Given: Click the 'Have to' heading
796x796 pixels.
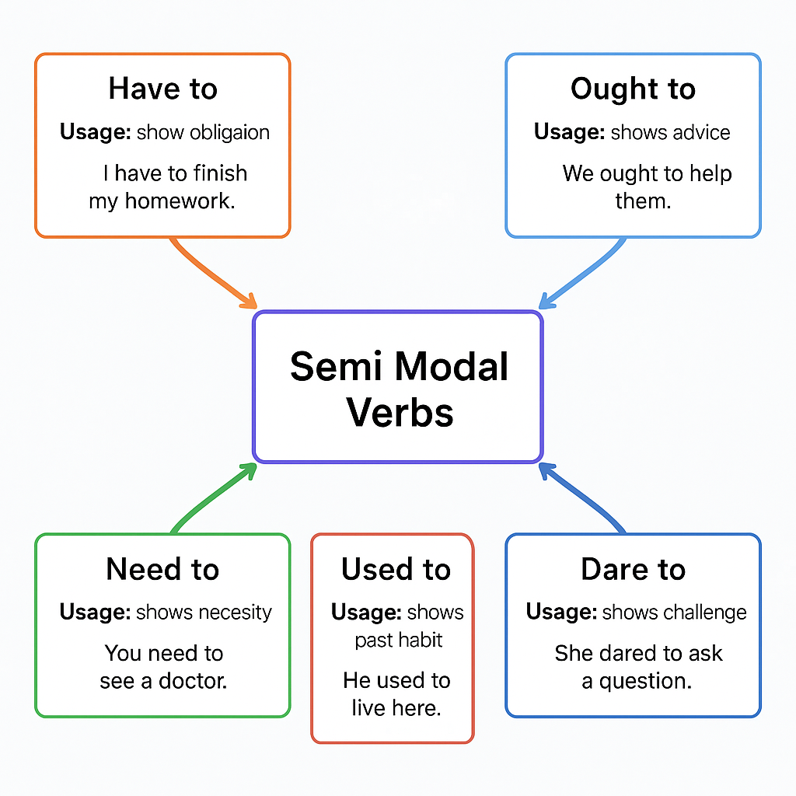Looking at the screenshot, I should coord(162,89).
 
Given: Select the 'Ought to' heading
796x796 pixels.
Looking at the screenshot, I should coord(633,89).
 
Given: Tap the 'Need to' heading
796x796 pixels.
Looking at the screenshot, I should coord(162,569).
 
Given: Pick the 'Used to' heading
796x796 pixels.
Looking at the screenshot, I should coord(396,569).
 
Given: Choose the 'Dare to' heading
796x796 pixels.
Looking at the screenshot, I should coord(633,569).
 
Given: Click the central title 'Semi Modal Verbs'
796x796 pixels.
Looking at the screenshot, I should coord(398,389).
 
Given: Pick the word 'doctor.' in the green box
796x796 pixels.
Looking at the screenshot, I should coord(193,681).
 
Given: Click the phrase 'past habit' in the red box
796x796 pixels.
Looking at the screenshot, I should coord(398,640).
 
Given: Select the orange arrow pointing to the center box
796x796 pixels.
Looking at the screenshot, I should coord(210,272).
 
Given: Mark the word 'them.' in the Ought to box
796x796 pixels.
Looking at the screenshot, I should coord(642,201).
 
